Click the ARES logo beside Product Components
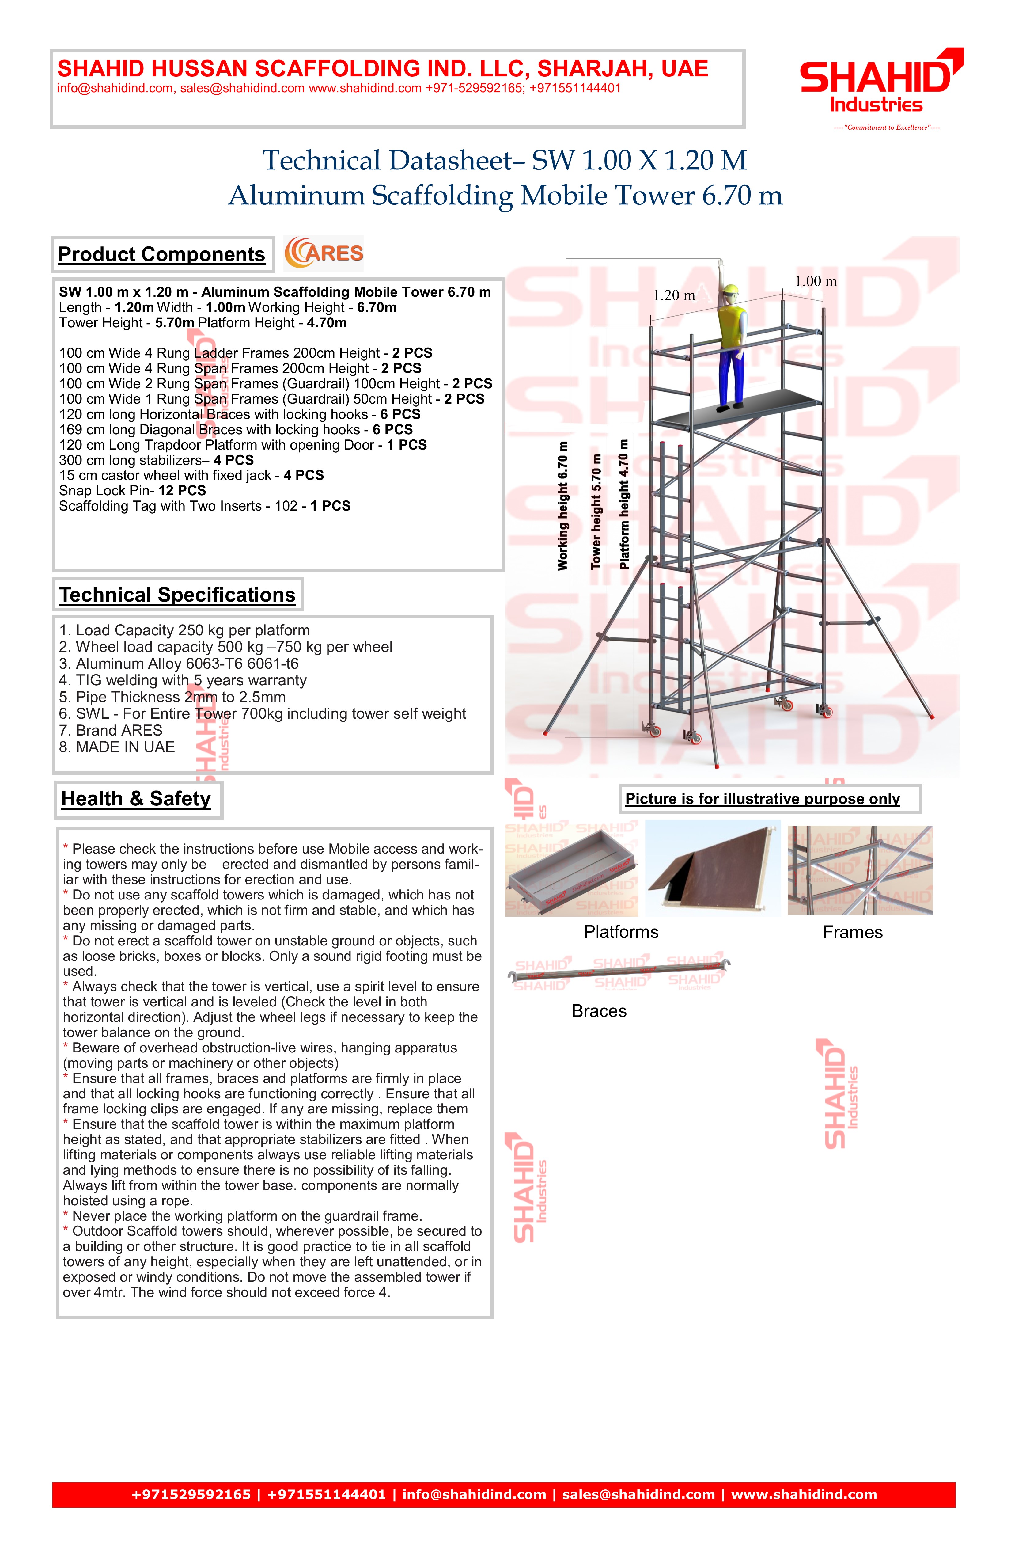pos(324,253)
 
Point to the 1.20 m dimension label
pos(674,295)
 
